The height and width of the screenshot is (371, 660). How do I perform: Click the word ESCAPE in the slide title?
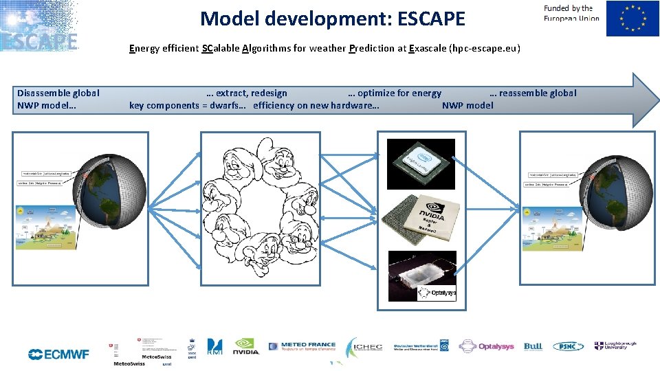tap(424, 19)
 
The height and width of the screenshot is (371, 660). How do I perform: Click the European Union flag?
tap(632, 19)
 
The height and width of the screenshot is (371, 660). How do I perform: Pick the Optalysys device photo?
tap(421, 275)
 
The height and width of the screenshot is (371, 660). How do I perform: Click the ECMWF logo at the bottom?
tap(58, 355)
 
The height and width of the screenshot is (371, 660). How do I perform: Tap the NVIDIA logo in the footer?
tap(246, 347)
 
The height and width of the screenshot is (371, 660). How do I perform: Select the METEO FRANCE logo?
tap(302, 347)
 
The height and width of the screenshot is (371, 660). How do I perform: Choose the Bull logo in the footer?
tap(533, 347)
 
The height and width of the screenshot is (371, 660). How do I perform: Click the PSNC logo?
tap(568, 347)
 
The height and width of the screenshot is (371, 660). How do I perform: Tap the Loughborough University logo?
tap(615, 346)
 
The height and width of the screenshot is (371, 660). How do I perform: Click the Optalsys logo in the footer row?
tap(487, 346)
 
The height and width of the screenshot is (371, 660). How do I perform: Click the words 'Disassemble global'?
tap(58, 93)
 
